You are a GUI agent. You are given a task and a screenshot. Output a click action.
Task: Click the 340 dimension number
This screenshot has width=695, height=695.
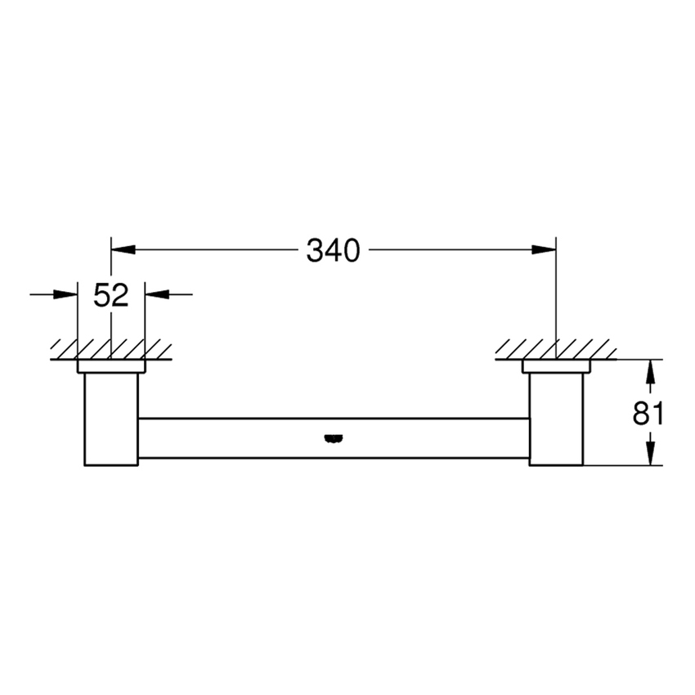pos(333,251)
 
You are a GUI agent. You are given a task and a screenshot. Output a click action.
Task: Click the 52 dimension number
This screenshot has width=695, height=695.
pos(111,295)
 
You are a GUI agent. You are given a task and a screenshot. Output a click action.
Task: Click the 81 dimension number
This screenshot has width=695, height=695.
pos(648,413)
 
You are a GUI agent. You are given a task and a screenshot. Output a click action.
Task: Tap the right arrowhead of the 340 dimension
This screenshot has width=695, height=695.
pos(545,250)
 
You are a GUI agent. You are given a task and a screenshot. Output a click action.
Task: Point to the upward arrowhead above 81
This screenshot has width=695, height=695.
pos(651,372)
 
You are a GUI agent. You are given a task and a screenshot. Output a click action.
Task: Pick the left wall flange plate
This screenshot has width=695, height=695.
pos(111,366)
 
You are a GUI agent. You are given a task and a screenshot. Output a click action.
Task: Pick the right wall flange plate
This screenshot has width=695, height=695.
pos(556,366)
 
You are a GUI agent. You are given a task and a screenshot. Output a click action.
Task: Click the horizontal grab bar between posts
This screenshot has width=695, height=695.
pos(245,437)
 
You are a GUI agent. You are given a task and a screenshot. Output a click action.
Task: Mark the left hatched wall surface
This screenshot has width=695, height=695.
pos(111,349)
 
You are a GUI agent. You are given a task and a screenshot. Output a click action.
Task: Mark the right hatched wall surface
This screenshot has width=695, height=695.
pos(556,349)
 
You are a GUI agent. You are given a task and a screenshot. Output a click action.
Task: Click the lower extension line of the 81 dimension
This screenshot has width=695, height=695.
pos(621,465)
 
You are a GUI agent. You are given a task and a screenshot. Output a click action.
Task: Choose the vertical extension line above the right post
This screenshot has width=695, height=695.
pos(556,294)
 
